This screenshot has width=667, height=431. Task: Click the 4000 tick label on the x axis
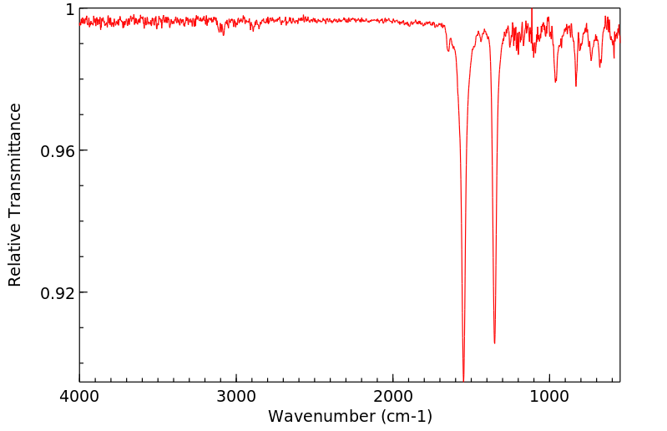(79, 398)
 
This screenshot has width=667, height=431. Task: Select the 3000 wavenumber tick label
(236, 398)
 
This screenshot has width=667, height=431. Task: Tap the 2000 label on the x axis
(393, 398)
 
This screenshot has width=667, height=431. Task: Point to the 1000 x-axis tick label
(549, 398)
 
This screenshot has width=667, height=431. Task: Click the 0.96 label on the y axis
(58, 151)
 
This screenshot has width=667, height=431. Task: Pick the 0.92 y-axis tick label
(58, 293)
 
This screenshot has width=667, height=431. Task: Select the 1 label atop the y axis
(70, 9)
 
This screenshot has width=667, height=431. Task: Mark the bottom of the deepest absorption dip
(463, 380)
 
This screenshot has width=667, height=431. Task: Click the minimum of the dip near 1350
(494, 342)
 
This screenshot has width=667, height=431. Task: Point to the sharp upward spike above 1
(532, 8)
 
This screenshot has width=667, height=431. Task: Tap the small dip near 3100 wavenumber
(222, 33)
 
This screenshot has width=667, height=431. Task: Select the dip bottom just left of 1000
(555, 82)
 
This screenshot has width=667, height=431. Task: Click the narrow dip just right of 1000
(575, 85)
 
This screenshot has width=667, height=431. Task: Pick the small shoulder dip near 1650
(448, 50)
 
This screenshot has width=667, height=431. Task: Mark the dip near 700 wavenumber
(599, 66)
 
